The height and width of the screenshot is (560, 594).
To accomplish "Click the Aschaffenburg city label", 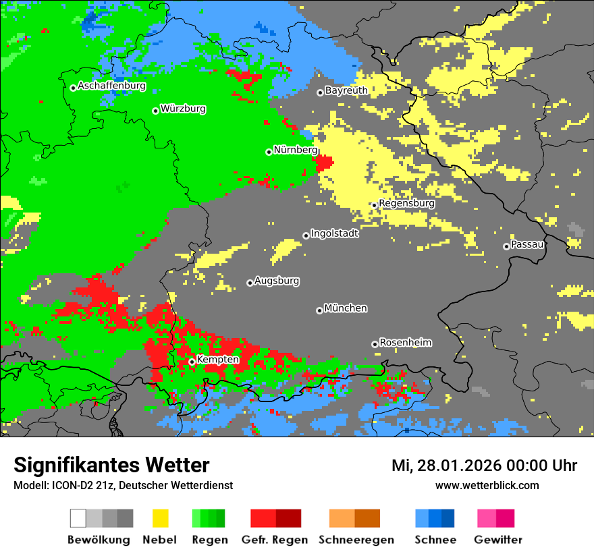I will click(x=111, y=86).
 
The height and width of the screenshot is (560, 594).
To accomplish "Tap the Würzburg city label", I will click(x=183, y=109).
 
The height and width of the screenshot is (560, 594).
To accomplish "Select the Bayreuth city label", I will click(x=346, y=90).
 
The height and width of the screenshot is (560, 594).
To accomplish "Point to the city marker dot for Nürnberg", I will click(x=269, y=152).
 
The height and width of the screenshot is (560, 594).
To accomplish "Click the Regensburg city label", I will click(x=406, y=203).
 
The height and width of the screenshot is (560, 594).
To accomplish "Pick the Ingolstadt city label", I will click(x=334, y=234).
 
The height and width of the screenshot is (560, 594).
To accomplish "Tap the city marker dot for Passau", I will click(x=506, y=246).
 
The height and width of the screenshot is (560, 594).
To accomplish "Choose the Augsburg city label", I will click(x=277, y=281).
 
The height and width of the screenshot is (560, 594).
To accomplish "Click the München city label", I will click(x=346, y=308).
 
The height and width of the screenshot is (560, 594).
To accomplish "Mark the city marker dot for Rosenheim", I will click(x=375, y=344).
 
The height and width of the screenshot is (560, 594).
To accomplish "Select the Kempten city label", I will click(x=217, y=360).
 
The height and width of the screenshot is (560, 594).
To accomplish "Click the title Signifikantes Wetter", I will click(x=111, y=466).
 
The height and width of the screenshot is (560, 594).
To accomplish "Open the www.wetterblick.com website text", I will click(x=487, y=485).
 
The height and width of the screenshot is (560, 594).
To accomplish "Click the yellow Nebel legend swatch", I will click(x=160, y=518).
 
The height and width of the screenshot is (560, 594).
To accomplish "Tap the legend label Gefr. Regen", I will click(x=275, y=540).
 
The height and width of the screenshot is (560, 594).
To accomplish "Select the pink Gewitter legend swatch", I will click(x=487, y=518).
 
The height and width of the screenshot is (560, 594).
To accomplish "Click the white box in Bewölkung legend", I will click(x=78, y=518).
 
